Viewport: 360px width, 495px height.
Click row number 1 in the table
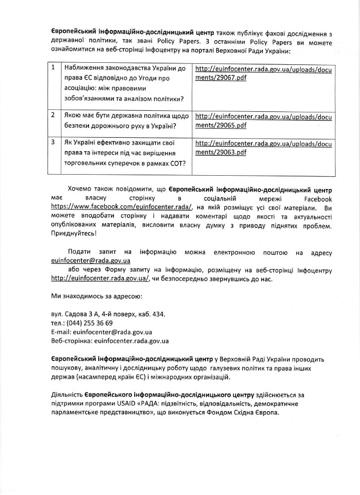(54, 69)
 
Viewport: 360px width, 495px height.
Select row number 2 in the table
(54, 114)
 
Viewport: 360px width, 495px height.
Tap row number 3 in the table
(54, 142)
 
